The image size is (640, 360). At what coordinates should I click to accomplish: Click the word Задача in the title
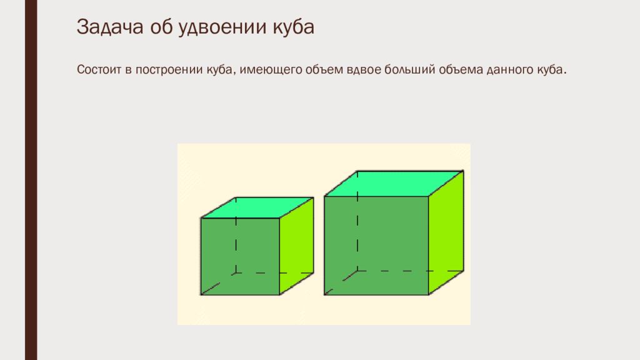point(110,27)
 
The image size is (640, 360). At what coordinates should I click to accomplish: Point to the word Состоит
point(99,69)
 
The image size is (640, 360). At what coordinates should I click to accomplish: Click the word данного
point(511,70)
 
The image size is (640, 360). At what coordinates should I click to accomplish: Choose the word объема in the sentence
point(461,69)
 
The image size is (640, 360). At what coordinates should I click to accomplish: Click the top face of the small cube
point(257,207)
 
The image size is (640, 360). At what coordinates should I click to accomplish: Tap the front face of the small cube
point(240,256)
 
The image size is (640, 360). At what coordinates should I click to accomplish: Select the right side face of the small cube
point(297,246)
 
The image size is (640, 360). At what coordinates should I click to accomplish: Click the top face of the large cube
point(394,184)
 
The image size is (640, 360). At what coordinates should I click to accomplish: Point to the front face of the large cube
point(376,245)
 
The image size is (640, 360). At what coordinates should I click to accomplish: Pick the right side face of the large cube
point(446,232)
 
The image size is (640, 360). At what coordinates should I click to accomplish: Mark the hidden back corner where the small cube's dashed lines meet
point(236,273)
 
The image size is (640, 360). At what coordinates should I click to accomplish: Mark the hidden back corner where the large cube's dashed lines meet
point(357,271)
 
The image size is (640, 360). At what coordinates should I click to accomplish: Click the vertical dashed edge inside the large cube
point(357,221)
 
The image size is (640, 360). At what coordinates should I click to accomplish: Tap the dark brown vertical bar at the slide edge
point(31,180)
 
